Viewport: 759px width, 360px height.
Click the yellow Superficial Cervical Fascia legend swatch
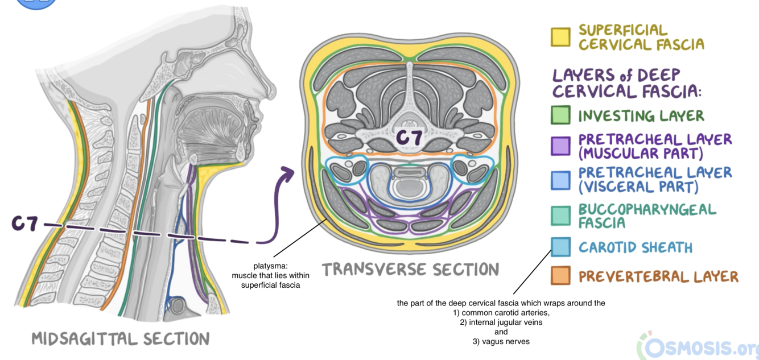click(x=560, y=37)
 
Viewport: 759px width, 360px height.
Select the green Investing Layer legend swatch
click(x=560, y=115)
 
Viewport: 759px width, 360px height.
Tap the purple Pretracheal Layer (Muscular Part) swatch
click(x=560, y=146)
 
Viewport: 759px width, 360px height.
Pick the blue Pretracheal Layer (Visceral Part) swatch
click(x=560, y=180)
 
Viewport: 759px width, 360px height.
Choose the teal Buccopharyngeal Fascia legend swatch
click(x=560, y=216)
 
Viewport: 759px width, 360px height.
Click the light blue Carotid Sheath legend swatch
click(x=560, y=247)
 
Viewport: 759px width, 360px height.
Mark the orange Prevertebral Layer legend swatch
click(x=560, y=276)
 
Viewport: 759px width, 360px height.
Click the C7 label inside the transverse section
click(x=410, y=138)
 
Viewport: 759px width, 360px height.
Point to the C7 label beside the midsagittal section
click(x=26, y=224)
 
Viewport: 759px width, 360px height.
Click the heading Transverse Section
click(x=410, y=269)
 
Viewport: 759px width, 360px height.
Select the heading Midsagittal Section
click(x=120, y=339)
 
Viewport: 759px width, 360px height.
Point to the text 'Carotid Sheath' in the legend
click(x=636, y=247)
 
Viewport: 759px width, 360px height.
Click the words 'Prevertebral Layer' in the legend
click(x=658, y=277)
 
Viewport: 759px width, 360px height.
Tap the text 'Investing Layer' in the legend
click(x=641, y=116)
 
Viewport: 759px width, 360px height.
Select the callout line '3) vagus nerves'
click(x=501, y=341)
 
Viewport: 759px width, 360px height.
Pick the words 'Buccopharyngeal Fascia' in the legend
click(x=647, y=216)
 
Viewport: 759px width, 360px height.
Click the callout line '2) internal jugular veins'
click(x=501, y=322)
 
